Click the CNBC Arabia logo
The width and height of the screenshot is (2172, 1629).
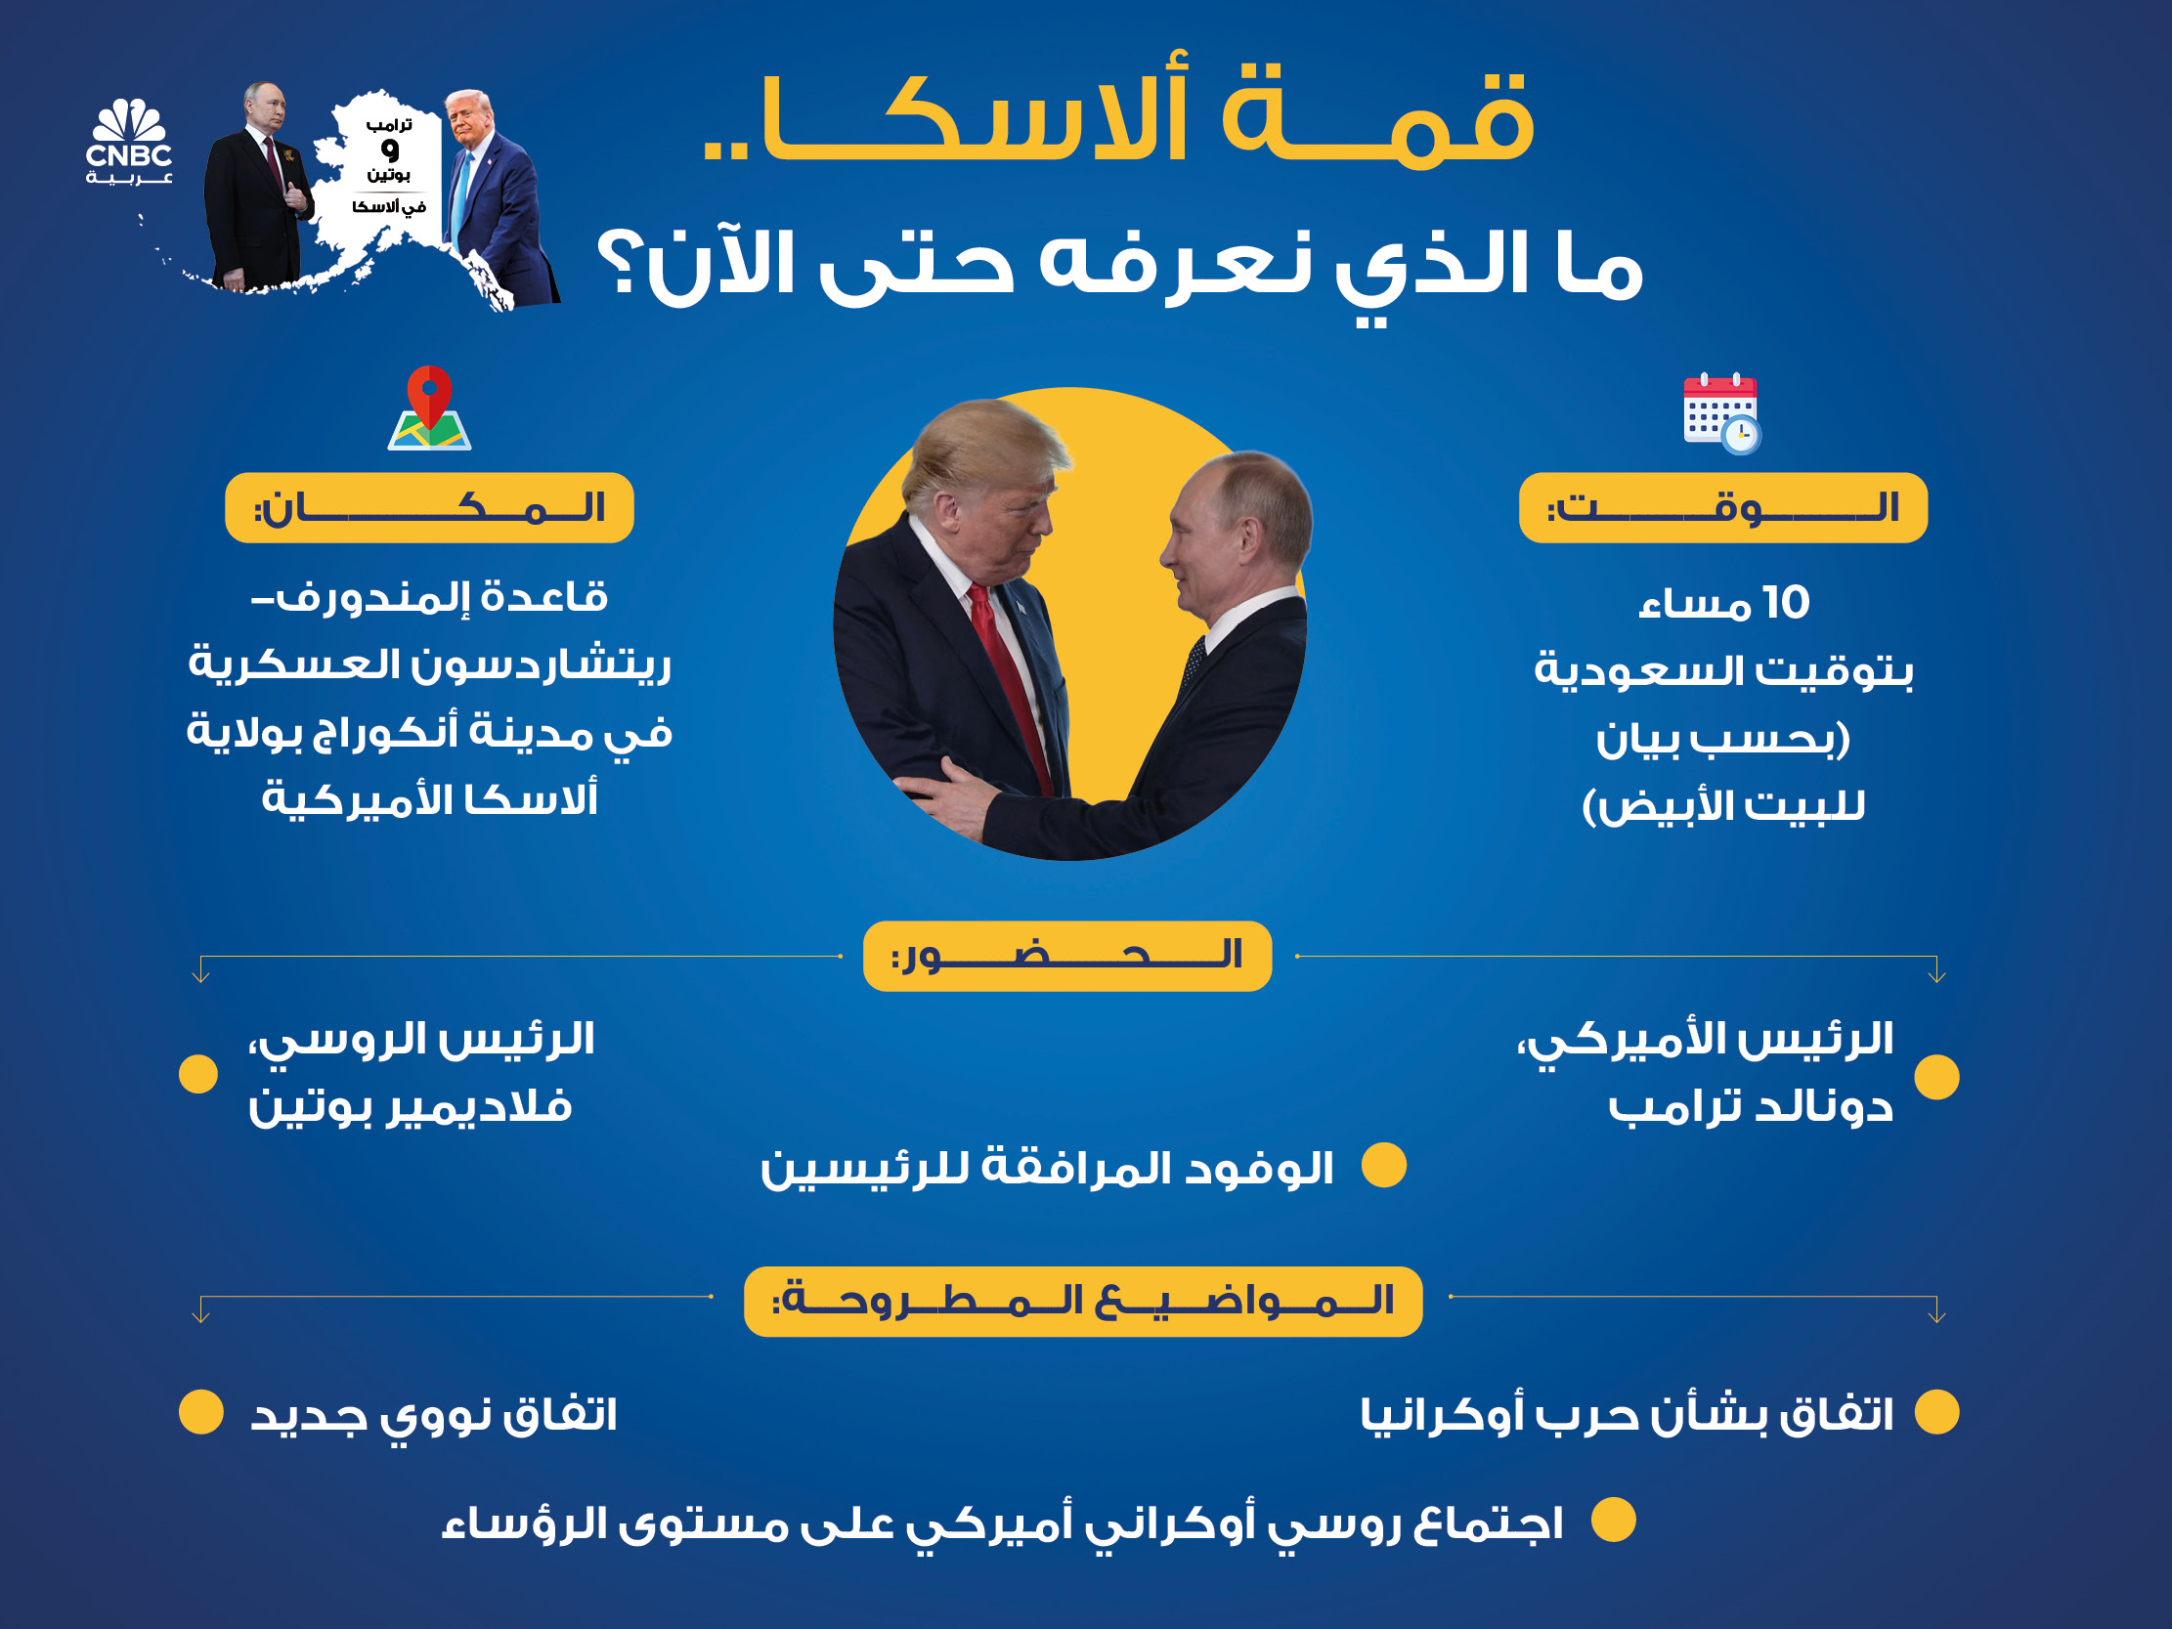pos(129,143)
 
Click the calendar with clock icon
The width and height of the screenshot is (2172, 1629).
pos(1721,412)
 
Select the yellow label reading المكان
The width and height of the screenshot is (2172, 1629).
pos(429,507)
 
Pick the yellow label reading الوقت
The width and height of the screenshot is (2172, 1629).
pos(1722,507)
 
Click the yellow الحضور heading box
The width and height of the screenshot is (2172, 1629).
pos(1066,956)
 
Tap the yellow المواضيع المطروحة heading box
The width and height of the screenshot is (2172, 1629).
pos(1082,1301)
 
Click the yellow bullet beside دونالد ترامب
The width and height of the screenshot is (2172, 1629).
pos(1936,1077)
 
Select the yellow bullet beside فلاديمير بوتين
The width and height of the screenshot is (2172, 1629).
pos(198,1074)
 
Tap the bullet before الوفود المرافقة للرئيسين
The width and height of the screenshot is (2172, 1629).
pos(1384,1166)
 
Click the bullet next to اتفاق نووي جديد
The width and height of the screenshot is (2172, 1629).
pos(201,1412)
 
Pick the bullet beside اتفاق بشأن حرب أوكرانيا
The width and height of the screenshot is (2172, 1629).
pos(1936,1412)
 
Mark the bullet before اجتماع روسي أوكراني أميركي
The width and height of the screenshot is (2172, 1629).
pos(1613,1520)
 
